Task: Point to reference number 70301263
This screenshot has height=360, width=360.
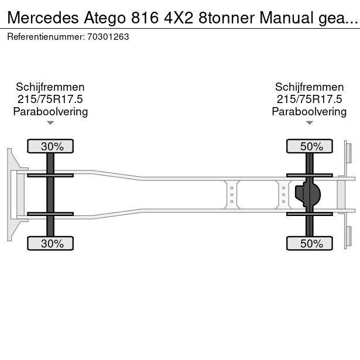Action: coord(109,36)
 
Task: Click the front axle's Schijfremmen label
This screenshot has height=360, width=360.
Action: coord(50,87)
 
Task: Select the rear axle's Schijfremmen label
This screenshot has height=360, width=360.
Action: coord(309,87)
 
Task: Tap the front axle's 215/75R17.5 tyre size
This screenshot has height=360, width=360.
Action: coord(50,100)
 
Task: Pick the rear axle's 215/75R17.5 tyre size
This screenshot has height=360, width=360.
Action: coord(309,100)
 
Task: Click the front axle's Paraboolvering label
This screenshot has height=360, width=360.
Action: coord(50,112)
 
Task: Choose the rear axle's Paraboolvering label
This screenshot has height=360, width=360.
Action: coord(309,112)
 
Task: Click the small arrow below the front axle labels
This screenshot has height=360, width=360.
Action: coord(50,123)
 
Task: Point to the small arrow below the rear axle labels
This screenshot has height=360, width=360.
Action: coord(309,123)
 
